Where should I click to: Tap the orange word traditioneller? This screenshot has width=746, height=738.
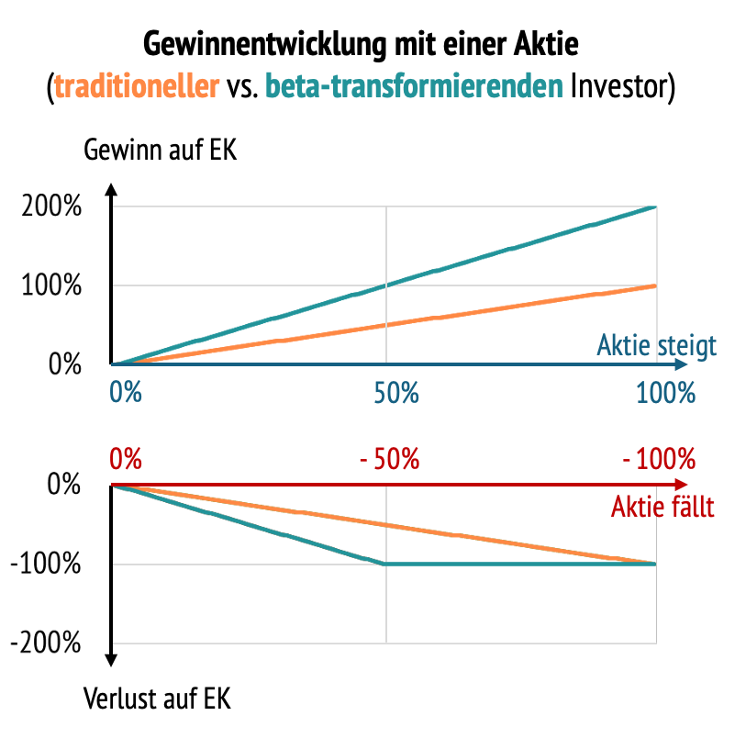(x=137, y=88)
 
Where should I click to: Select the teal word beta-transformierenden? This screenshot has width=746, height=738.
(x=414, y=88)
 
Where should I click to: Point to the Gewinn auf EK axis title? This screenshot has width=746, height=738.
(x=160, y=150)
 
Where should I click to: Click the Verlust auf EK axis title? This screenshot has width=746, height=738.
(x=157, y=699)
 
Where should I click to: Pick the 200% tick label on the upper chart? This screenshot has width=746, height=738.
(x=51, y=207)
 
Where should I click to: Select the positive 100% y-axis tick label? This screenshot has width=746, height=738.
(x=51, y=286)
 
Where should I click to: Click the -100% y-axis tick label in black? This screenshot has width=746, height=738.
(x=46, y=565)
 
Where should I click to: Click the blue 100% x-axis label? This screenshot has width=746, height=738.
(x=665, y=395)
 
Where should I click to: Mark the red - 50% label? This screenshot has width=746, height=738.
(x=390, y=458)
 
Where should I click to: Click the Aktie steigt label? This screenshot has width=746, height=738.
(x=656, y=347)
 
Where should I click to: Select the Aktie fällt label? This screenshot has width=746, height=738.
(x=662, y=507)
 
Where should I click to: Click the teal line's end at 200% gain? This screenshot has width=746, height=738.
(x=654, y=207)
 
